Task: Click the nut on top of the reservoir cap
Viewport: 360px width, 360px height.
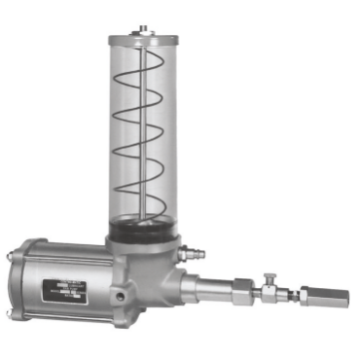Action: point(144,28)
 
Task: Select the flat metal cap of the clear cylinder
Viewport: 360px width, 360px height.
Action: point(144,38)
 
